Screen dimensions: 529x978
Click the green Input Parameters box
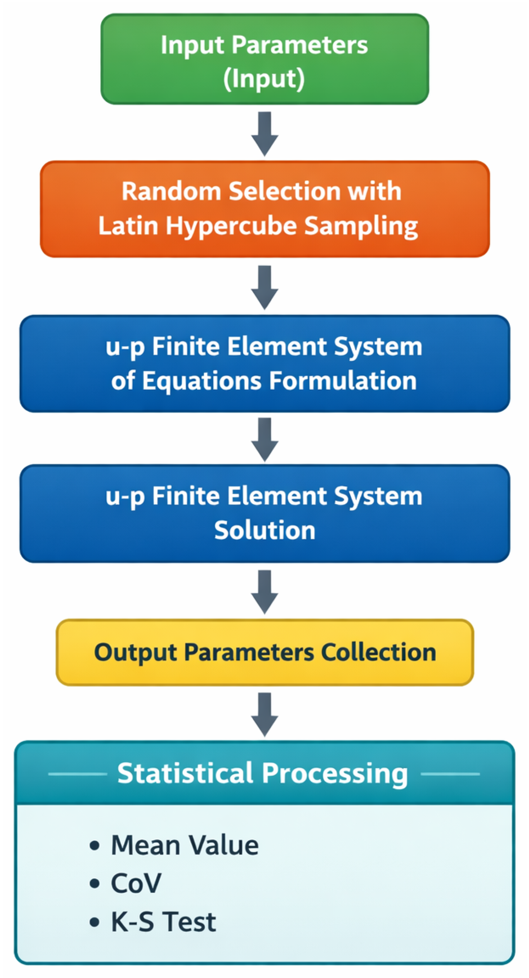(265, 59)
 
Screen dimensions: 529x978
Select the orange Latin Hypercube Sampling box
(265, 209)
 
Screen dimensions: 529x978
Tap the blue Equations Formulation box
(265, 364)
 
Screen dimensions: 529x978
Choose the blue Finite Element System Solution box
(265, 514)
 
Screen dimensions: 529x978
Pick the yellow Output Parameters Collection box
(265, 652)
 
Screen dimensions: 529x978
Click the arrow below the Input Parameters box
(265, 134)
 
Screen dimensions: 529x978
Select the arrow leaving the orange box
(265, 287)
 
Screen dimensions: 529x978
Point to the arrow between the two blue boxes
(265, 440)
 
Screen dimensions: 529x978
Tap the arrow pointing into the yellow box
(265, 592)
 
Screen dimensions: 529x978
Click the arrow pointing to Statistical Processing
(265, 715)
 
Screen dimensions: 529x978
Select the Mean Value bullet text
(185, 846)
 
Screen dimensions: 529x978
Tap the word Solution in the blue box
(265, 530)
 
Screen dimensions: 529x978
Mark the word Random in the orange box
(171, 191)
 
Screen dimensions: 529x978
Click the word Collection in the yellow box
(379, 653)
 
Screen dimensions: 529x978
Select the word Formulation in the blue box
(343, 381)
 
